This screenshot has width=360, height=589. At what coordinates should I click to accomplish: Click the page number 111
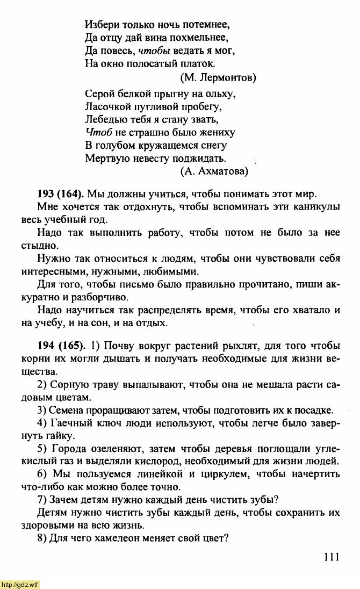click(332, 558)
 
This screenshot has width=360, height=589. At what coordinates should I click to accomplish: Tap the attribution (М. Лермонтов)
click(219, 77)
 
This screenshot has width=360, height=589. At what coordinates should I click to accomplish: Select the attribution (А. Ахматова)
click(214, 171)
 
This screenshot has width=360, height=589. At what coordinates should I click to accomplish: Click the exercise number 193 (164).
click(61, 193)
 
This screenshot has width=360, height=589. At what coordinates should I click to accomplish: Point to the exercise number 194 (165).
click(61, 345)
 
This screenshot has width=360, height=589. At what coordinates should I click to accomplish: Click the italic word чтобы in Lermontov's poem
click(154, 51)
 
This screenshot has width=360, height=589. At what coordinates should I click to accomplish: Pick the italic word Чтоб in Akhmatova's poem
click(98, 132)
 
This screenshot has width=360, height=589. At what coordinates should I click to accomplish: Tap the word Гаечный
click(69, 422)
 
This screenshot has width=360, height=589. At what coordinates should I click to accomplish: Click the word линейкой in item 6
click(161, 474)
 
